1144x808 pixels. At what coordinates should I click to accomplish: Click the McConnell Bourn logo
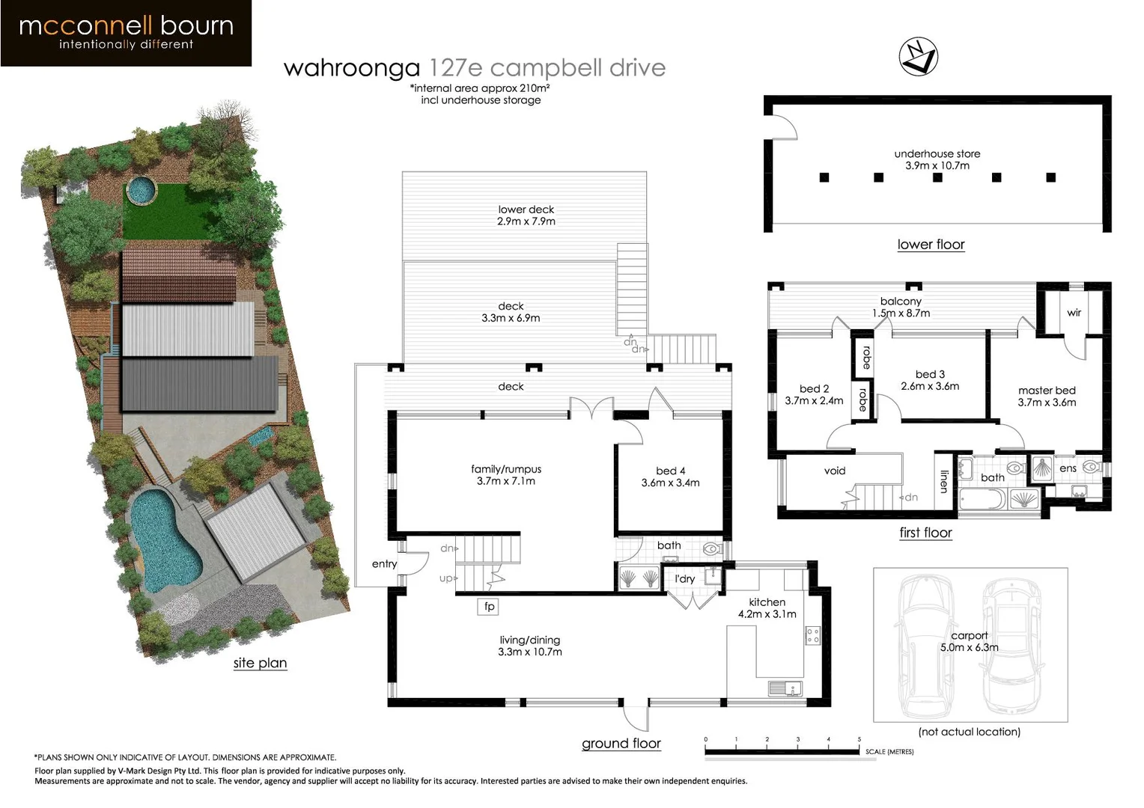pyautogui.click(x=126, y=33)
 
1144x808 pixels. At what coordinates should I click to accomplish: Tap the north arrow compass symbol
pyautogui.click(x=918, y=57)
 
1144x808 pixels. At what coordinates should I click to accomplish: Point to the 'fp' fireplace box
pyautogui.click(x=489, y=606)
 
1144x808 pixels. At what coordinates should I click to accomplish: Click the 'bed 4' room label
pyautogui.click(x=670, y=471)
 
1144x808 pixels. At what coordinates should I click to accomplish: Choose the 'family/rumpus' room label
pyautogui.click(x=506, y=469)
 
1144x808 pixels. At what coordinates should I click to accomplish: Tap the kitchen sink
pyautogui.click(x=784, y=688)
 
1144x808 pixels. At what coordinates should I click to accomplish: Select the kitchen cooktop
pyautogui.click(x=812, y=636)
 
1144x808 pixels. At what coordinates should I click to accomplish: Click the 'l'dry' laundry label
pyautogui.click(x=685, y=578)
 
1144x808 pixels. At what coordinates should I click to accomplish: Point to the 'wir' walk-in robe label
pyautogui.click(x=1074, y=313)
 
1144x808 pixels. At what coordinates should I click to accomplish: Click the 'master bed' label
pyautogui.click(x=1047, y=391)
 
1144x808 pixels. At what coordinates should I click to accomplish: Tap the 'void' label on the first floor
pyautogui.click(x=835, y=471)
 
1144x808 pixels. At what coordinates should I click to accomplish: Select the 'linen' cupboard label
pyautogui.click(x=944, y=481)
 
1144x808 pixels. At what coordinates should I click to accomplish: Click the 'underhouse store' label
pyautogui.click(x=937, y=153)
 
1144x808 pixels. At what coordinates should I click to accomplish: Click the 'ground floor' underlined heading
pyautogui.click(x=621, y=744)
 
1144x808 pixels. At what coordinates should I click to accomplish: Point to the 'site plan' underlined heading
pyautogui.click(x=260, y=663)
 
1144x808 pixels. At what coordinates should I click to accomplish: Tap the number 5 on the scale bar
pyautogui.click(x=859, y=739)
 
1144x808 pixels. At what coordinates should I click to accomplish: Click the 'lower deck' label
pyautogui.click(x=526, y=209)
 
